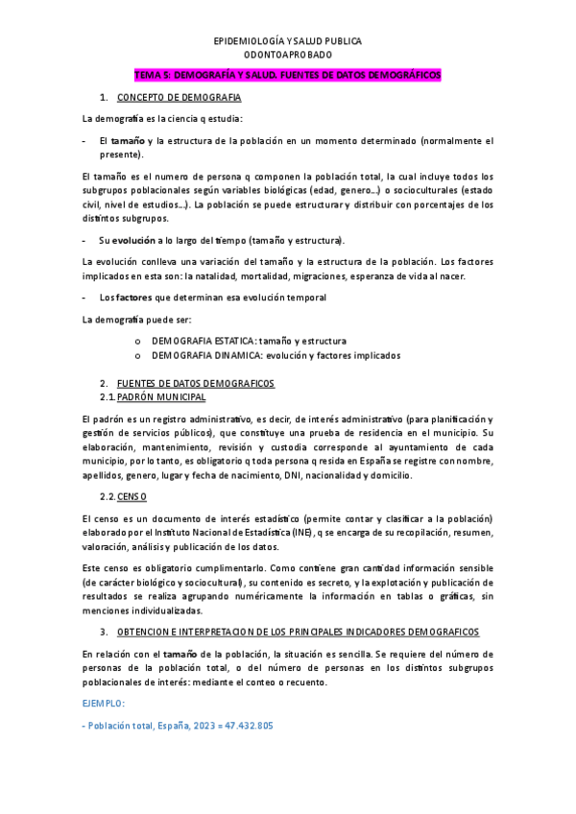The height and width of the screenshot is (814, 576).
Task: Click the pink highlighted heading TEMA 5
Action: pos(287,74)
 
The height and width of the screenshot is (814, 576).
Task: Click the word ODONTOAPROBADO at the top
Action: pos(287,56)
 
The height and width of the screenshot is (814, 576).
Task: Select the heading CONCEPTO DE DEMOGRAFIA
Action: pos(179,98)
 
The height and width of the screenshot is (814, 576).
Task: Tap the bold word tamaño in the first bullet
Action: pos(128,140)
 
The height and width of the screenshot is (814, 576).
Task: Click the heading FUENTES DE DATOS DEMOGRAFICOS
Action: pos(195,383)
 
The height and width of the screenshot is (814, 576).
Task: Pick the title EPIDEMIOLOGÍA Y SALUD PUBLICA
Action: pos(287,41)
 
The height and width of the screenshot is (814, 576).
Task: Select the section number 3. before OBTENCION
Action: pos(103,632)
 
